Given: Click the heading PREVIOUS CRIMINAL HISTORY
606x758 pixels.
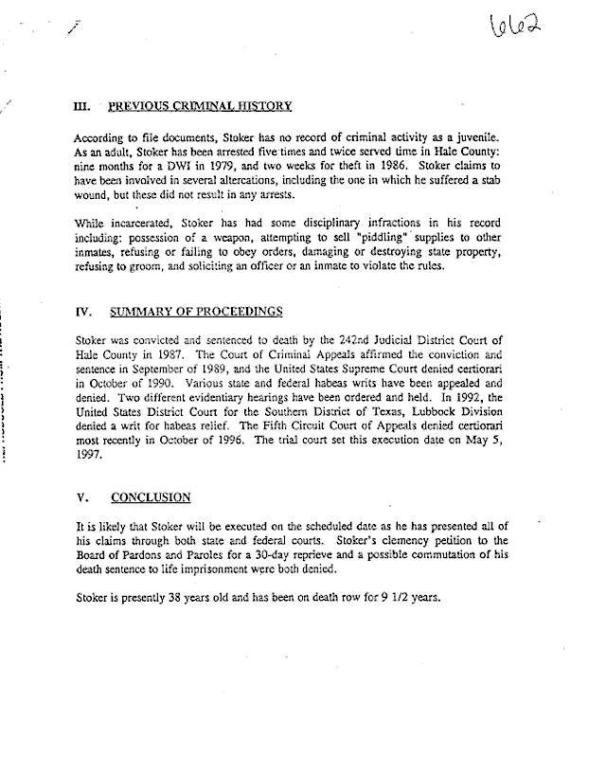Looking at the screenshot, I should (x=200, y=106).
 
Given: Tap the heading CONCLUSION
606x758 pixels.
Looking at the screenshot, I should (x=151, y=496).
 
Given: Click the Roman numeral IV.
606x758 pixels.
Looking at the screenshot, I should (x=82, y=311).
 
